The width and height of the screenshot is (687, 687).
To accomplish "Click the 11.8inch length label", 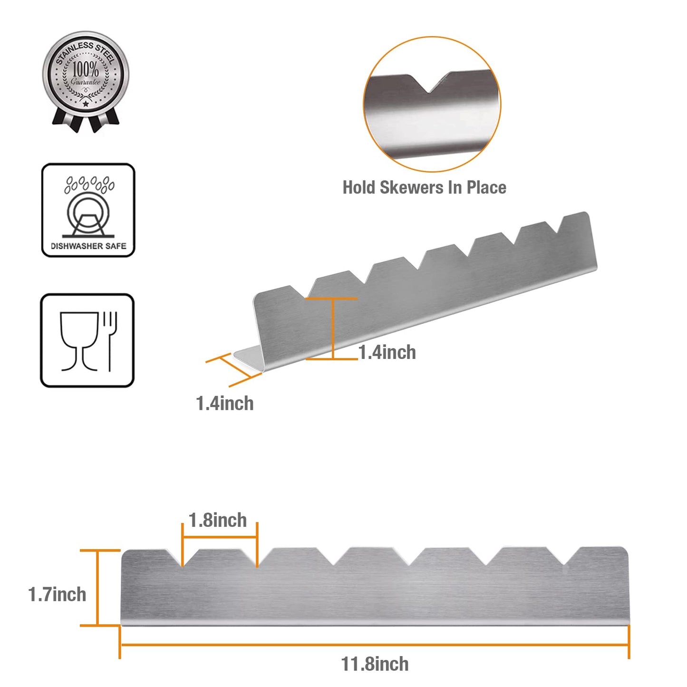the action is click(375, 664).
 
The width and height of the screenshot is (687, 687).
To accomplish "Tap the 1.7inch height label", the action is click(57, 594).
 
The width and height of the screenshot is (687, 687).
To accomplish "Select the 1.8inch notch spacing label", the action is click(217, 520).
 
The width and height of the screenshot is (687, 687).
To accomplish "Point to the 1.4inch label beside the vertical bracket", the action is click(387, 352).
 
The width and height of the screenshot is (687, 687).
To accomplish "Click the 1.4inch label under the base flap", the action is click(224, 403).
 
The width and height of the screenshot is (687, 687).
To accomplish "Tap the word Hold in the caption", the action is click(358, 187).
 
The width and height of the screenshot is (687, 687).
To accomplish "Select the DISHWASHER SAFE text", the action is click(88, 246).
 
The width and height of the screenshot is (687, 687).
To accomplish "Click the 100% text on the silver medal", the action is click(86, 69).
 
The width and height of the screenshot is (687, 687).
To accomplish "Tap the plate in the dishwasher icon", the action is click(88, 214).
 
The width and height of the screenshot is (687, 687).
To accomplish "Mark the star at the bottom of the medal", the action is click(86, 104).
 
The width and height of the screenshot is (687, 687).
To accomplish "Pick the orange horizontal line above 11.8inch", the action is click(374, 645).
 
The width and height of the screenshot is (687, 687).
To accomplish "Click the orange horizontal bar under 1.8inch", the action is click(220, 537).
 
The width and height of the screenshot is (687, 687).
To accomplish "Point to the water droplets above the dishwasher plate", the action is click(89, 184).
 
